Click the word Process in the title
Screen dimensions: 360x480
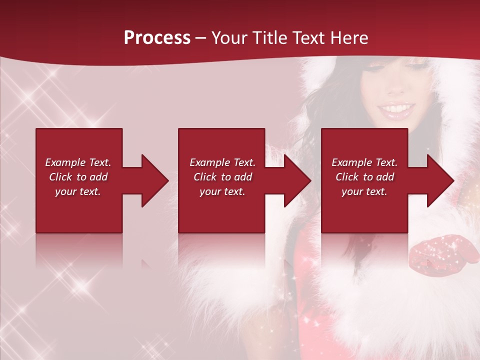coord(157,38)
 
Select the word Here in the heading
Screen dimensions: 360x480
coord(348,38)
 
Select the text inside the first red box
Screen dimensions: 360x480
coord(78,177)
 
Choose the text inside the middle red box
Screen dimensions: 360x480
coord(222,177)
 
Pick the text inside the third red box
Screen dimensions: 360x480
coord(364,177)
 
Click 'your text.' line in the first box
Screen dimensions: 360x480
coord(78,191)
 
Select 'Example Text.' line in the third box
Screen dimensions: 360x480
coord(364,162)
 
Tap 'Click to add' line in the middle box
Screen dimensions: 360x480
coord(222,177)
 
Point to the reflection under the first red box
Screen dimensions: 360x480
coord(79,250)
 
